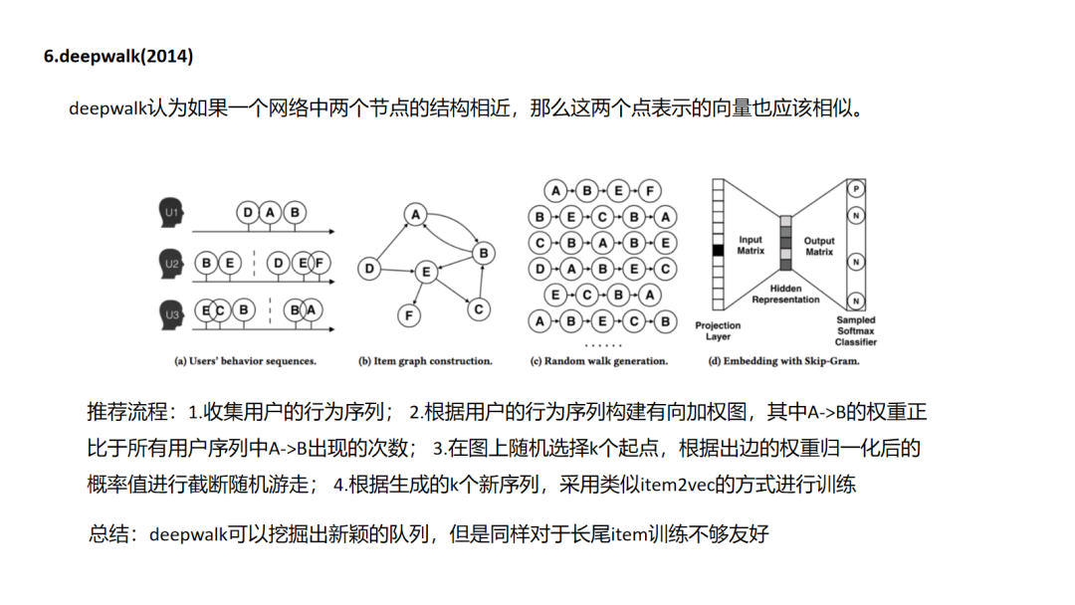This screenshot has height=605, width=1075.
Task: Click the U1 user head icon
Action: [171, 213]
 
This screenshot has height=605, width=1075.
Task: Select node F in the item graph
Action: [407, 315]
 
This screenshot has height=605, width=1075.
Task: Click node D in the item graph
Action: [369, 269]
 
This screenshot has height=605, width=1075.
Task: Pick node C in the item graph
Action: [479, 309]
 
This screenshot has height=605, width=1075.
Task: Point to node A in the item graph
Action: [415, 215]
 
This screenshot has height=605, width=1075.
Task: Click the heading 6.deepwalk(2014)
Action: [118, 56]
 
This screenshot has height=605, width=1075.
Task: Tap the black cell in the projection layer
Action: [717, 251]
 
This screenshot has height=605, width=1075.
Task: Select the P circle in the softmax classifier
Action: [855, 189]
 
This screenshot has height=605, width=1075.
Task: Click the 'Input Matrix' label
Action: [751, 246]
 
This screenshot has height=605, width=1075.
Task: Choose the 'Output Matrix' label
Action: [819, 246]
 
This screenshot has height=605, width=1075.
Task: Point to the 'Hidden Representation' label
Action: [785, 294]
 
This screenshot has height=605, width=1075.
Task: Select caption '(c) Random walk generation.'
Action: [598, 361]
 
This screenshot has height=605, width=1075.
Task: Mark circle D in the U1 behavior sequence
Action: [248, 213]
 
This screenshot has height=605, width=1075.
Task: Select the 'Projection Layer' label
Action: [718, 331]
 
